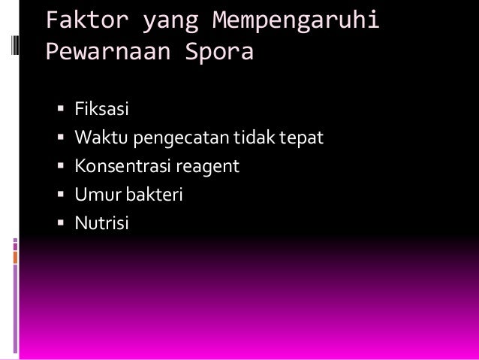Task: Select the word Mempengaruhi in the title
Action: click(295, 22)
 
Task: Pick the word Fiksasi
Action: click(101, 110)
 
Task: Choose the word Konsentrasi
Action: click(122, 166)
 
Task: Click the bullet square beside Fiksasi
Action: click(60, 111)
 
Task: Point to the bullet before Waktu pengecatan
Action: click(60, 139)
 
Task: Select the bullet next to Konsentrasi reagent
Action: click(60, 167)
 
